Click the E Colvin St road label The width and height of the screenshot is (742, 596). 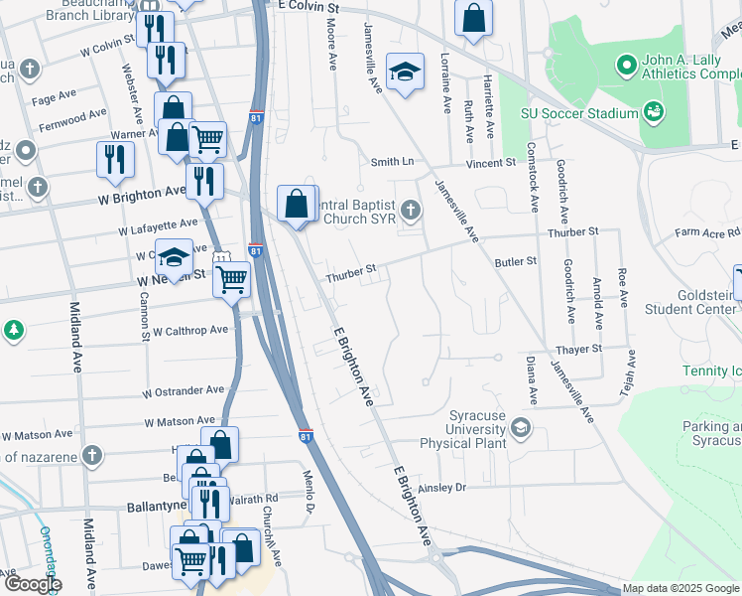point(309,8)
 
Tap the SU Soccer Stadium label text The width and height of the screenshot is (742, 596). point(580,113)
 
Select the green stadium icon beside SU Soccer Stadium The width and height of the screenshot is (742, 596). point(654,111)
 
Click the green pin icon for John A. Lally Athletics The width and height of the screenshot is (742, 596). point(626,66)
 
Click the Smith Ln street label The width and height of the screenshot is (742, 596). point(392,162)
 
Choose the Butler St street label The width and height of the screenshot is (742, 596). point(516,261)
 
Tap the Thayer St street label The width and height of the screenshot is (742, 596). point(579,350)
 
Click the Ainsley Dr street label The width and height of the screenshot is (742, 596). point(442,488)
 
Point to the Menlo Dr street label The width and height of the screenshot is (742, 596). point(309,493)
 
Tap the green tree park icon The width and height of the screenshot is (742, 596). point(12,329)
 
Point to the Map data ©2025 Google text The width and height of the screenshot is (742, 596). point(680,588)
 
